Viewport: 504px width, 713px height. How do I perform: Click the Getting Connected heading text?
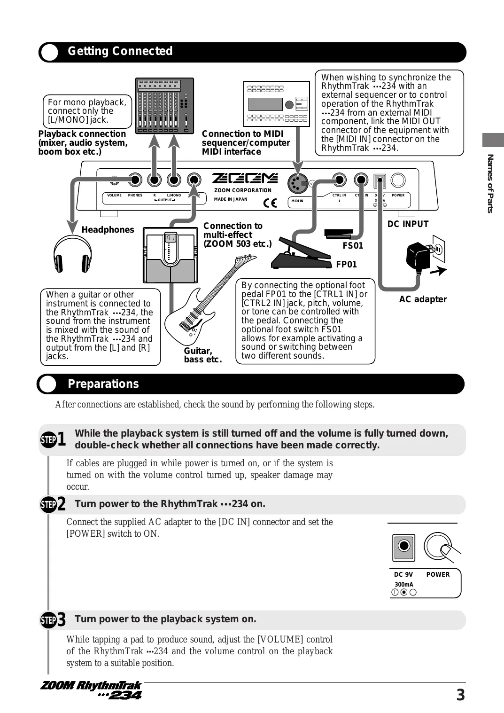point(120,51)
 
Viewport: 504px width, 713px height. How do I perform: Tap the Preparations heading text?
point(103,384)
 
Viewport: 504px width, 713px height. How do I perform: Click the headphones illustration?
point(72,254)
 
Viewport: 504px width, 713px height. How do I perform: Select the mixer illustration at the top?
point(164,106)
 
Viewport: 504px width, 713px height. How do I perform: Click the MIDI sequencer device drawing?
point(276,103)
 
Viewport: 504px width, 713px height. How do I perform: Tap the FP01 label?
point(346,265)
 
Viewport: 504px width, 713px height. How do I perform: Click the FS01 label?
point(353,246)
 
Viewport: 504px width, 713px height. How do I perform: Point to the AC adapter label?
point(423,299)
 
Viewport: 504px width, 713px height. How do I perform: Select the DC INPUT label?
point(408,224)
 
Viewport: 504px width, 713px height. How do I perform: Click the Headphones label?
point(108,230)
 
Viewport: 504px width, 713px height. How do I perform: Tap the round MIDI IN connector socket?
point(297,183)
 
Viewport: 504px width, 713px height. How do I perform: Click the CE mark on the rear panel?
point(270,203)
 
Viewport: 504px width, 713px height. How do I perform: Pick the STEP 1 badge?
point(53,439)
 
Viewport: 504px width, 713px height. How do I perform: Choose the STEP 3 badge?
point(53,620)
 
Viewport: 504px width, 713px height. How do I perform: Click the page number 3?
point(460,695)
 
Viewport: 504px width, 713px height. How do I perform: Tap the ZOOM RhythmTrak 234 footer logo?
point(91,689)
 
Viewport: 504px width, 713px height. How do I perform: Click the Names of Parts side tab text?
point(490,183)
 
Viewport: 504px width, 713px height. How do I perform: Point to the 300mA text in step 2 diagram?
point(403,585)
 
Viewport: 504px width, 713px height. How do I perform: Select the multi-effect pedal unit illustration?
point(170,255)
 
